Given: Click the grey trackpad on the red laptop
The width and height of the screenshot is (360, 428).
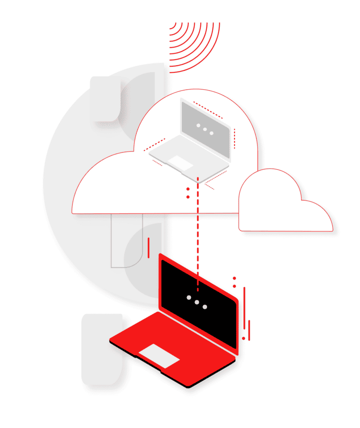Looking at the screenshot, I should (x=159, y=355).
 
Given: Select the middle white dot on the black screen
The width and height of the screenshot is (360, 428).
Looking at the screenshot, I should (x=196, y=302).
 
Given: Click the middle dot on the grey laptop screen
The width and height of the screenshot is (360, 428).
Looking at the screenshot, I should (x=205, y=130).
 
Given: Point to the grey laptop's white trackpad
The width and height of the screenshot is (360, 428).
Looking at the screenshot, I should (x=178, y=162).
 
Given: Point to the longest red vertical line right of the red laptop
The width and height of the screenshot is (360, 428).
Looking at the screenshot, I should (x=244, y=309).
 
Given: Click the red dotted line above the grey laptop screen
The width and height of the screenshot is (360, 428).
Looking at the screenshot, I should (x=208, y=109).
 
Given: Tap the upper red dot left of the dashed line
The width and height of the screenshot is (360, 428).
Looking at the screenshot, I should (x=188, y=190).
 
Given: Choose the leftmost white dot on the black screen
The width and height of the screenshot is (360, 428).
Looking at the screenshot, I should (x=188, y=298).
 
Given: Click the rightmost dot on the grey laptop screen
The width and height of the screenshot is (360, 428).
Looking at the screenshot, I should (x=212, y=133).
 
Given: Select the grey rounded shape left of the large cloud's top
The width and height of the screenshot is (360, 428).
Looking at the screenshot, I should (x=105, y=99).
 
